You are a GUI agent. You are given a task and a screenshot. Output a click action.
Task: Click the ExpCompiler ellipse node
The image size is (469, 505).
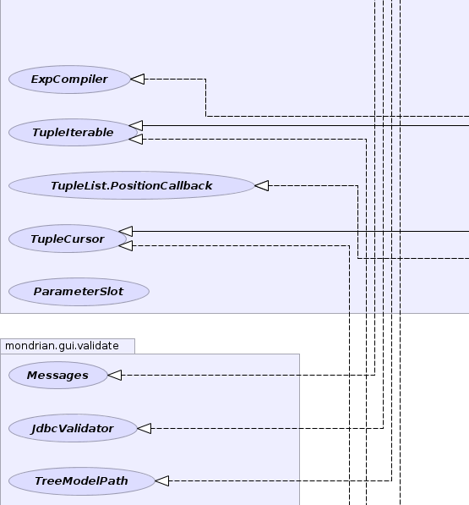click(69, 80)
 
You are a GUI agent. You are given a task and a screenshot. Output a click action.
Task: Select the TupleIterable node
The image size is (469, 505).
click(73, 132)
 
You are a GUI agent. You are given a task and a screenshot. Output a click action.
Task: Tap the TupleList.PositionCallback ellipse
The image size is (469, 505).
click(132, 185)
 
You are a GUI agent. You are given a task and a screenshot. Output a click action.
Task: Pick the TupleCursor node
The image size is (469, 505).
click(68, 239)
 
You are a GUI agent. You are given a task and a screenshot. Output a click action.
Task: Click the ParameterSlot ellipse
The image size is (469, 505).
click(79, 292)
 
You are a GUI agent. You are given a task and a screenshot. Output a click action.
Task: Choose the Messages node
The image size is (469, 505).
click(58, 376)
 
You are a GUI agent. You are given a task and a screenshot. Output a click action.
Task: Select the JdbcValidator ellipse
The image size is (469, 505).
click(73, 428)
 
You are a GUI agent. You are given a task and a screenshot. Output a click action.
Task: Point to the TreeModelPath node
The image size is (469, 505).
click(82, 480)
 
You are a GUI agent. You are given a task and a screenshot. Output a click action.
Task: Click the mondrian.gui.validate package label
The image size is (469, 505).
click(62, 346)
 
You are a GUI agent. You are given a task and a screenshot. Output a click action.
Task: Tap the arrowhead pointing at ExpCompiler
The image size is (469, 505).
click(138, 79)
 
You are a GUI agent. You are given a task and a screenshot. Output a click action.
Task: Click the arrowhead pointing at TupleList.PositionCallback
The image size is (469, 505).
click(261, 185)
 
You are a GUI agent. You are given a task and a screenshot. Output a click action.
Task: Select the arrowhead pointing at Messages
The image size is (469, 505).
click(115, 375)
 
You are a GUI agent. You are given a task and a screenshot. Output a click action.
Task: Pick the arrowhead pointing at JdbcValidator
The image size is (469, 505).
click(145, 428)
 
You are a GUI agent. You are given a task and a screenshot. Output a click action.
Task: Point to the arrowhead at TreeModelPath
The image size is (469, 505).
click(162, 480)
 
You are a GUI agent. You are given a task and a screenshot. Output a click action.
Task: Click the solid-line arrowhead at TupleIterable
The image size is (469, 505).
click(136, 125)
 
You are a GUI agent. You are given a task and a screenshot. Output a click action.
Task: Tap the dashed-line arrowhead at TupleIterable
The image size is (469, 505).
click(136, 139)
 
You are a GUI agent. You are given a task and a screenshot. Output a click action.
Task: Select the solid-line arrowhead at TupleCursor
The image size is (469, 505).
click(126, 231)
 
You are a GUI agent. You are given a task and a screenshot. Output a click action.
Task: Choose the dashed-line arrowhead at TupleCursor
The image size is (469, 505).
click(126, 246)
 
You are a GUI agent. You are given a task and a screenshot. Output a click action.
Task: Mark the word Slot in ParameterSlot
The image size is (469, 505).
click(112, 292)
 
